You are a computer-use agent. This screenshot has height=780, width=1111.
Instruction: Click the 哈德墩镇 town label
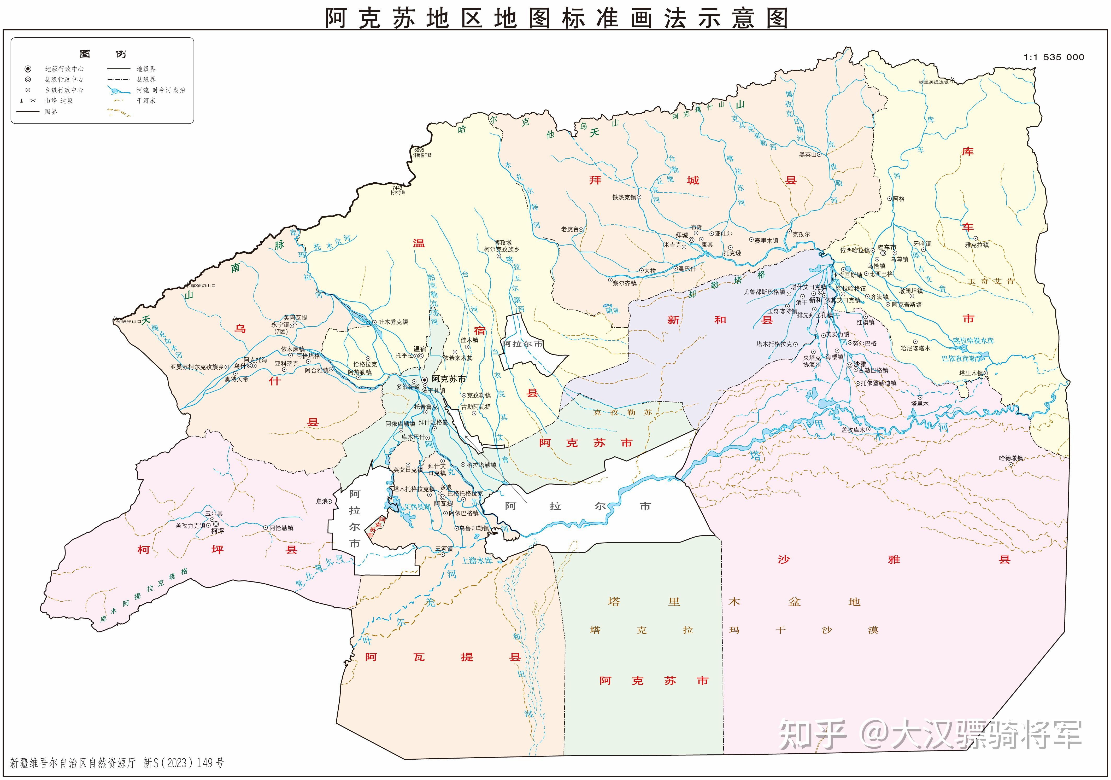(1011, 458)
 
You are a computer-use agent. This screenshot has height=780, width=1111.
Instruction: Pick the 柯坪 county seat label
(217, 531)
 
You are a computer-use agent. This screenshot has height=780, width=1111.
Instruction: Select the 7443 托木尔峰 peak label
(398, 190)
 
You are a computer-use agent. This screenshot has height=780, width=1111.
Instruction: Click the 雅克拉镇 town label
(977, 245)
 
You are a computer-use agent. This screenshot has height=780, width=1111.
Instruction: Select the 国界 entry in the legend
(51, 111)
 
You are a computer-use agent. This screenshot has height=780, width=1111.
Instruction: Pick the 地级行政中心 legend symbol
(28, 69)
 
